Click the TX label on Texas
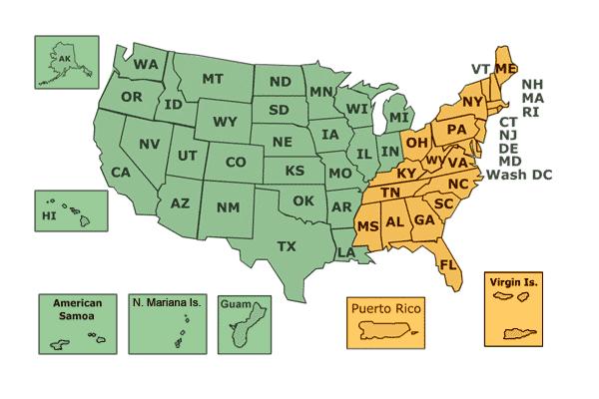(287, 245)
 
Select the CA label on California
(121, 173)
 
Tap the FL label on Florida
(448, 265)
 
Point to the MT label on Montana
(212, 79)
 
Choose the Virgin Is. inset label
(515, 284)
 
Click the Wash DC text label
(520, 175)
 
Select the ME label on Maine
(505, 68)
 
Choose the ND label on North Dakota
(281, 82)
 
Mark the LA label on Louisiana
(344, 253)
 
